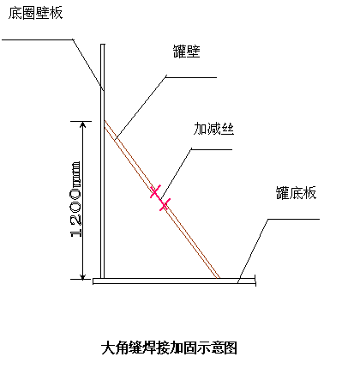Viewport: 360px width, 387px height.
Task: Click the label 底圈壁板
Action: tap(35, 13)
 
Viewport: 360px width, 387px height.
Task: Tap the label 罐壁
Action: tap(187, 51)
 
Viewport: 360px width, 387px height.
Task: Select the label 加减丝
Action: tap(213, 129)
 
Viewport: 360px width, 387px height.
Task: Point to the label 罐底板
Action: tap(296, 193)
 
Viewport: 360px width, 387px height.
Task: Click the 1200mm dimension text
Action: tap(75, 199)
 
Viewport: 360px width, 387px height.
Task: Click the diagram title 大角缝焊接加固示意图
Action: tap(169, 348)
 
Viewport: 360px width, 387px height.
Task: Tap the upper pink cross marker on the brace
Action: tap(155, 191)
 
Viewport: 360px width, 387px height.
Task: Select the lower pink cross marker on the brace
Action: tap(165, 204)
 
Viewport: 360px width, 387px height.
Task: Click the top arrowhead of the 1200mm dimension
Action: tap(83, 124)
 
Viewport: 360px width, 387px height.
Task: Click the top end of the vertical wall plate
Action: tap(103, 45)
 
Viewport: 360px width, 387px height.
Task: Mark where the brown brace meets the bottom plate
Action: tap(218, 278)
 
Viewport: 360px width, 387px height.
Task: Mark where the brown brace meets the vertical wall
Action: tap(105, 124)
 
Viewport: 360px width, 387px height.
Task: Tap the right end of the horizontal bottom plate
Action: tap(255, 281)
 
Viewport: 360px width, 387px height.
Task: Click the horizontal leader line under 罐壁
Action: tap(191, 77)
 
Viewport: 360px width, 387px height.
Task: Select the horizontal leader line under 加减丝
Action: tap(212, 149)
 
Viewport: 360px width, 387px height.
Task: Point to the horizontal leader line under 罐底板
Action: tap(294, 220)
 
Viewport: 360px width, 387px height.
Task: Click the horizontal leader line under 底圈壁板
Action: tap(38, 39)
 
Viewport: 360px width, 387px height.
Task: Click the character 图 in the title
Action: tap(231, 348)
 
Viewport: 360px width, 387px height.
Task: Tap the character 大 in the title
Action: tap(108, 348)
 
